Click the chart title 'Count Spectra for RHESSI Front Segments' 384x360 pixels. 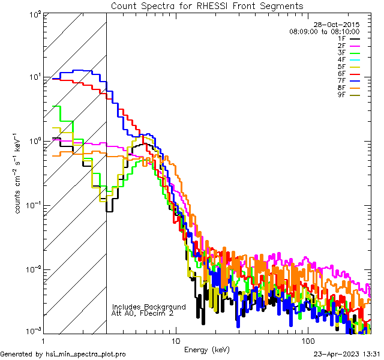pos(207,5)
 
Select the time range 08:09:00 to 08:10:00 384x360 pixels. pos(324,31)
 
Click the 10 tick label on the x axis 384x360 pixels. pos(175,340)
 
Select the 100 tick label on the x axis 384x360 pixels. pos(307,340)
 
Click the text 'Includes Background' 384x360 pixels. pos(149,307)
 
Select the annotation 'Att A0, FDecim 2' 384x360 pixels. pos(143,313)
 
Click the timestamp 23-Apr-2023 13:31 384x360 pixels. pos(347,354)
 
